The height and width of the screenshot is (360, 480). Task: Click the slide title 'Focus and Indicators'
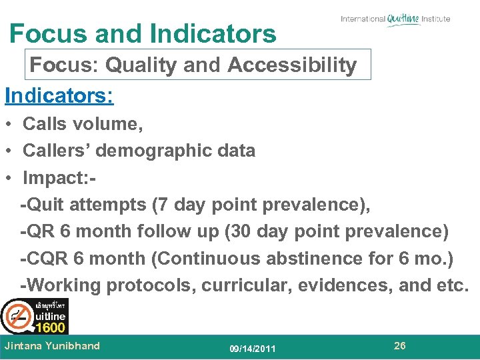tap(143, 33)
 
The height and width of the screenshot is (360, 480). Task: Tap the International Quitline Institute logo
tap(395, 19)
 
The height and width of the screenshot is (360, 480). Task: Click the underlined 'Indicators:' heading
tap(59, 95)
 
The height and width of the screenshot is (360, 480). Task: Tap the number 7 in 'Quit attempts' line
tap(160, 205)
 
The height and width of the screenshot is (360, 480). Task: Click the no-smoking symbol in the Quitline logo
tap(16, 315)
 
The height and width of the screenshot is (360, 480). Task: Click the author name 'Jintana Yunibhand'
tap(52, 345)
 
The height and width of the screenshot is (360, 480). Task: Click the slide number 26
tap(400, 345)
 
